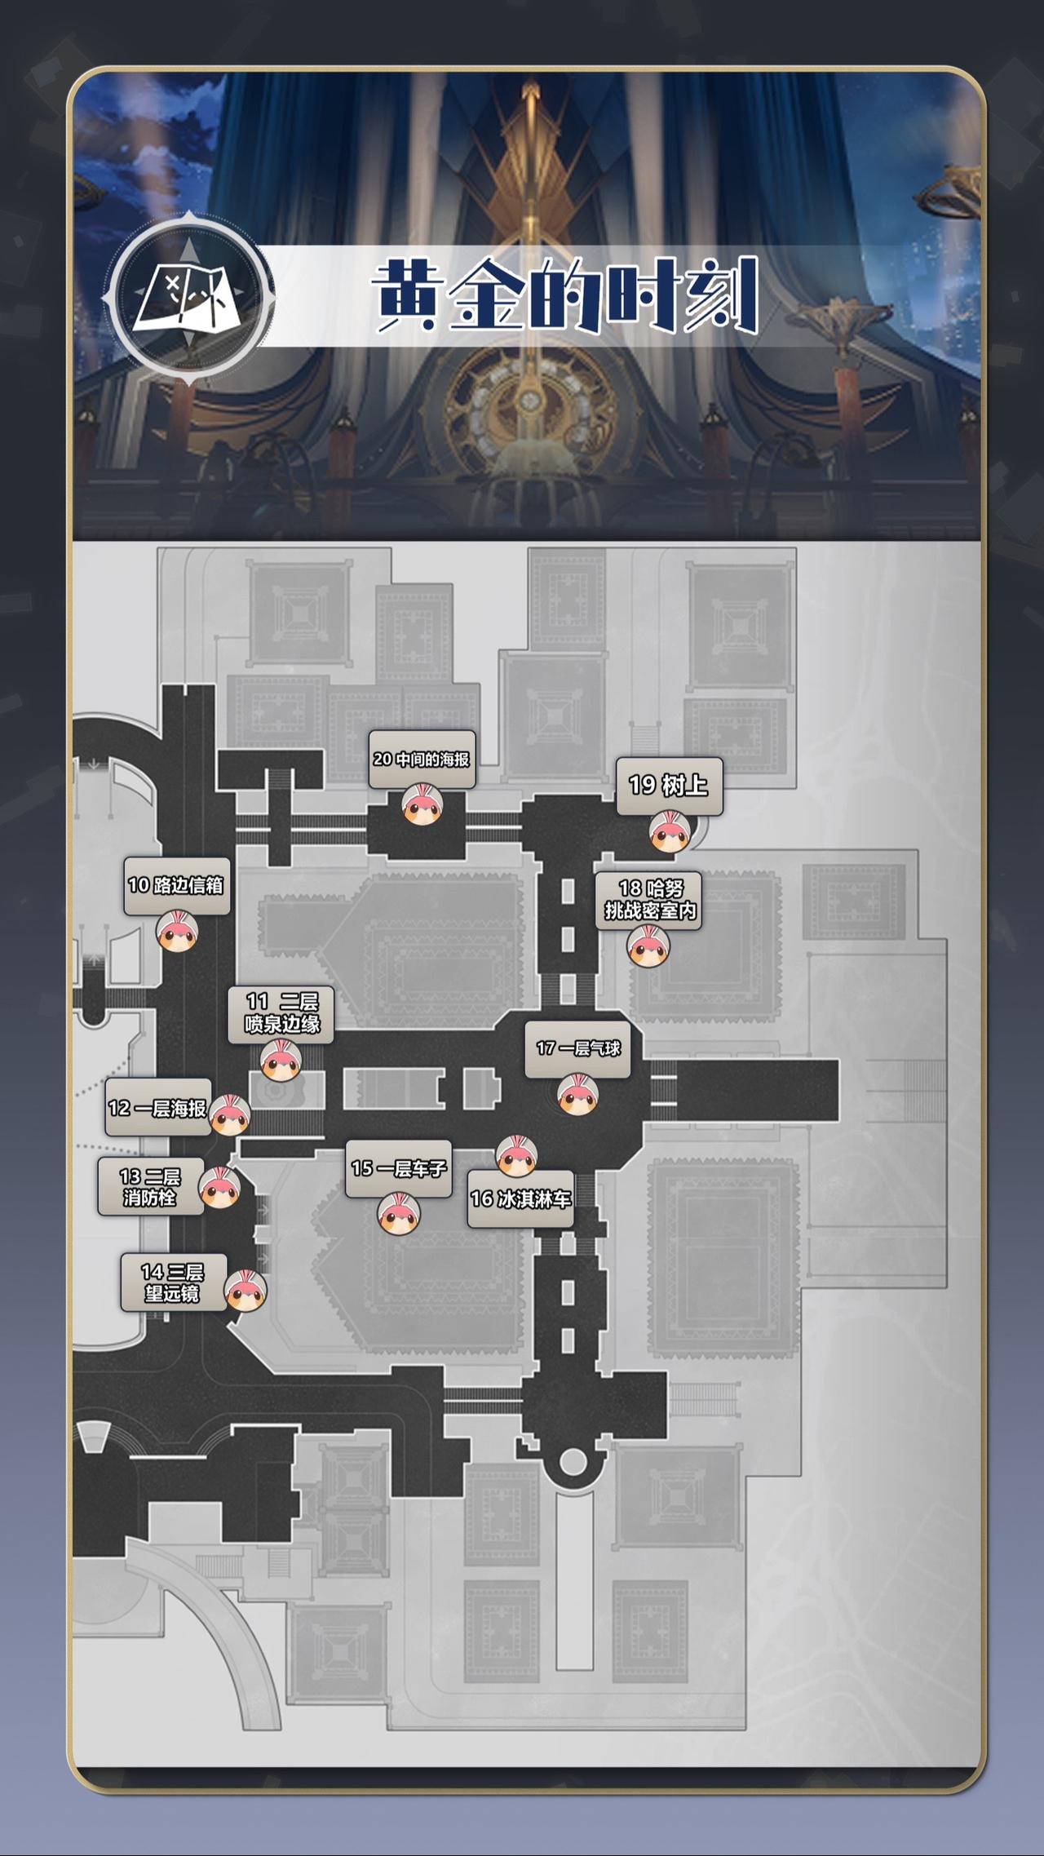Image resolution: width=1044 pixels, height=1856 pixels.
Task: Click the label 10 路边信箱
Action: coord(177,885)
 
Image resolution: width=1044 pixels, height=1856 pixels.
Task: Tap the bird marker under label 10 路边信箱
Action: coord(177,932)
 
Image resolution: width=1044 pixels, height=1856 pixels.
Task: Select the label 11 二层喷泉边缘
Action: coord(281,1013)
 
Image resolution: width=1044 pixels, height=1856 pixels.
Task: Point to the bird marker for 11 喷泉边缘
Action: coord(281,1061)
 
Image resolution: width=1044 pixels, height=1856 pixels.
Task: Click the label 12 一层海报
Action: coord(158,1107)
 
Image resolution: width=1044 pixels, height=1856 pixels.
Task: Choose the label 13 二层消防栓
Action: coord(150,1186)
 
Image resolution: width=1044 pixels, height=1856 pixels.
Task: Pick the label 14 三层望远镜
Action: coord(173,1282)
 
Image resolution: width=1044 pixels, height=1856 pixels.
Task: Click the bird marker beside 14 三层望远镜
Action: coord(246,1291)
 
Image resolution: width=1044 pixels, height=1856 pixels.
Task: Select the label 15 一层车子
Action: coord(399,1168)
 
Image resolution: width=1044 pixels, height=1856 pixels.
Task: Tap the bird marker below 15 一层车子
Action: coord(399,1213)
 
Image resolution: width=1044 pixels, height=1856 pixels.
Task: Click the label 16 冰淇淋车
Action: coord(520,1198)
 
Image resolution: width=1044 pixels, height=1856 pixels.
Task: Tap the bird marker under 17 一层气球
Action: coord(578,1095)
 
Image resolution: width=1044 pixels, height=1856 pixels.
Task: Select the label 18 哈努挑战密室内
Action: coord(648,900)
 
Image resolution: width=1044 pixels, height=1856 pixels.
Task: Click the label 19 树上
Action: coord(669,786)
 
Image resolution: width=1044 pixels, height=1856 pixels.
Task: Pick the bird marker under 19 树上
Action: coord(670,832)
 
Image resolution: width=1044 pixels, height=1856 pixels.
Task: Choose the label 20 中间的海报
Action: coord(422,760)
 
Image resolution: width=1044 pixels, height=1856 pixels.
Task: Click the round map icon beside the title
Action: coord(188,298)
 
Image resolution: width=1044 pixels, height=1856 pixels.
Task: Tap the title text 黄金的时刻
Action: coord(566,295)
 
